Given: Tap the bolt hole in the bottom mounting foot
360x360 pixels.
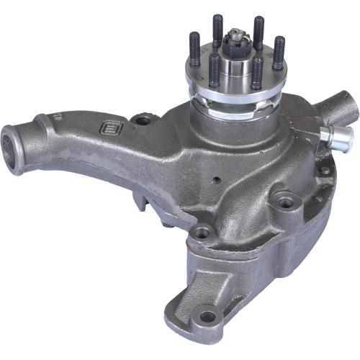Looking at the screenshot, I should tap(209, 315).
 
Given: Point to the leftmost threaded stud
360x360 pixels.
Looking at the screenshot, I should tap(194, 50).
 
